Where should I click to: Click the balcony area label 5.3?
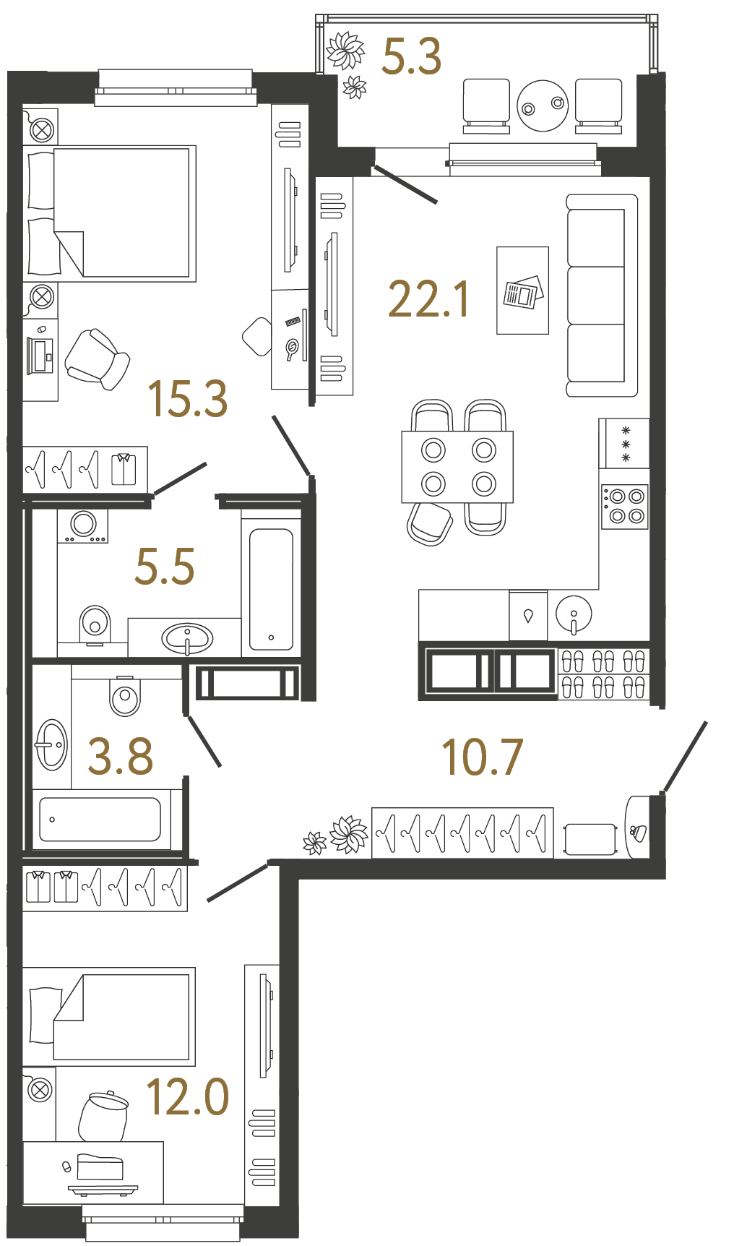(x=411, y=57)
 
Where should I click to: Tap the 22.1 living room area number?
(x=429, y=299)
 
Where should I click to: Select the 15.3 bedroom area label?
(x=187, y=399)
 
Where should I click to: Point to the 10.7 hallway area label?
(x=482, y=757)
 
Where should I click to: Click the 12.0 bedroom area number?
(x=187, y=1096)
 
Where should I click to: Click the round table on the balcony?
(x=543, y=106)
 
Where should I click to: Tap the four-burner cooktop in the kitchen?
(x=625, y=506)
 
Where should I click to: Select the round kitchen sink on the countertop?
(x=574, y=614)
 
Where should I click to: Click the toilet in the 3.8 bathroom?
(x=125, y=695)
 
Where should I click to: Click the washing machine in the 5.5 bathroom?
(x=83, y=525)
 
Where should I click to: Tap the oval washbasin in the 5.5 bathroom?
(x=187, y=638)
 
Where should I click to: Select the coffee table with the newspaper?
(x=522, y=291)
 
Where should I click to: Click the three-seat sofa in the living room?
(x=601, y=295)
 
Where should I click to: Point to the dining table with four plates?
(x=457, y=467)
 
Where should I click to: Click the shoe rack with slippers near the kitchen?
(x=603, y=674)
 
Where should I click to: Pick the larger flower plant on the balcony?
(x=345, y=51)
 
